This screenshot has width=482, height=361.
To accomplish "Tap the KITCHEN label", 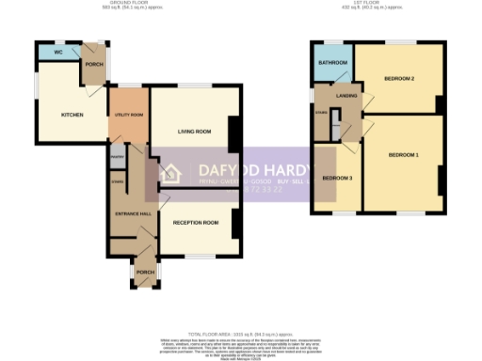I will click(x=72, y=115).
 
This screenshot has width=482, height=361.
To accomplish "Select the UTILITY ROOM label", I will click(x=129, y=115).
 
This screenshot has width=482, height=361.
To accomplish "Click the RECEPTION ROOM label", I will click(x=196, y=223).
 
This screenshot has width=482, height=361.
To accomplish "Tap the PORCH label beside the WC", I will click(x=93, y=64).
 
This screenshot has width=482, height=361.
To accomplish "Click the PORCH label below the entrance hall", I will click(x=145, y=273).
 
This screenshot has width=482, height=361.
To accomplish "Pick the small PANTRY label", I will click(x=117, y=157).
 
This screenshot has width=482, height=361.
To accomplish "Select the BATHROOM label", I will click(x=332, y=63).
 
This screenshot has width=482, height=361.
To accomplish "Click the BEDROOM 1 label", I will click(x=404, y=154).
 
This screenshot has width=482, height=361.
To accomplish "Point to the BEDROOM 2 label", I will click(x=399, y=78).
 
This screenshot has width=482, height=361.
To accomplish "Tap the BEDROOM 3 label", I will click(x=336, y=178).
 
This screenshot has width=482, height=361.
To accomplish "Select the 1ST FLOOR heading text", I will click(x=363, y=4).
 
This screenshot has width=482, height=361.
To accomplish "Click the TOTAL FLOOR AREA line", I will click(x=241, y=333).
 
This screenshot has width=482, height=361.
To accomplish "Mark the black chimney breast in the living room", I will click(x=236, y=132).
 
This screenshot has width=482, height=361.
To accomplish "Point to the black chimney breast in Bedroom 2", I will click(x=440, y=102).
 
